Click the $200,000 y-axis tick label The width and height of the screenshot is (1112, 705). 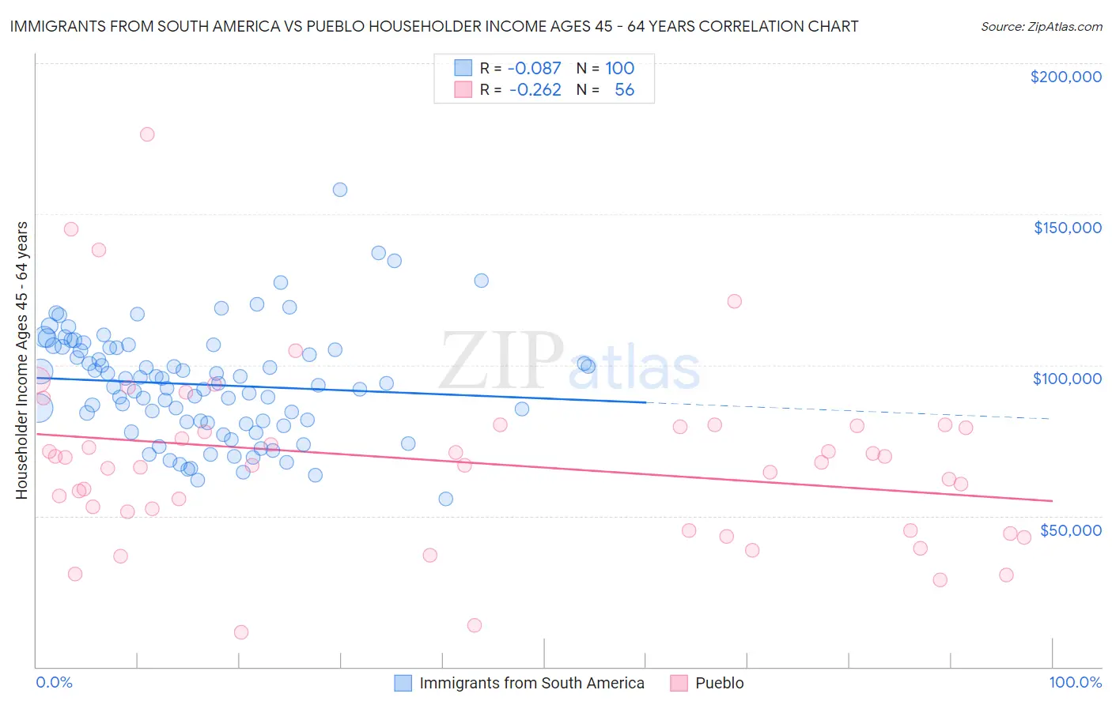(x=1065, y=77)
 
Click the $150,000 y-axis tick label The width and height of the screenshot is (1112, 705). (x=1067, y=228)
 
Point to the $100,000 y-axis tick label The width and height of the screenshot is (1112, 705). (x=1067, y=379)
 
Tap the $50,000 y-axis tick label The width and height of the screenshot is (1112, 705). (x=1070, y=530)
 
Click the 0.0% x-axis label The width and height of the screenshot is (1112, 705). (x=54, y=683)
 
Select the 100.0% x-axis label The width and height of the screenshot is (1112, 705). (x=1075, y=683)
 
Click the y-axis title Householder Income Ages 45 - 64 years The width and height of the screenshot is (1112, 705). (x=21, y=360)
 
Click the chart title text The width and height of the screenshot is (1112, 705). (x=433, y=26)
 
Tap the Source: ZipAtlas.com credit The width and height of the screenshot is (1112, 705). (x=1041, y=26)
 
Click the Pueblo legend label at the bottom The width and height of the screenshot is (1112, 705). (x=719, y=683)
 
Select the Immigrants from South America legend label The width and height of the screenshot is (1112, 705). (x=531, y=683)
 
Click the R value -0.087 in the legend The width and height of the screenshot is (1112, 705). (x=535, y=68)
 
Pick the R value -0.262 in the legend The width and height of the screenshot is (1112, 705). (x=535, y=89)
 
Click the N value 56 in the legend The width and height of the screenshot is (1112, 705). (x=624, y=89)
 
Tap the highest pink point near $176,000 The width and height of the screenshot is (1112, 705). (x=147, y=134)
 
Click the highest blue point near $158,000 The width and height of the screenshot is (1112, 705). (x=340, y=190)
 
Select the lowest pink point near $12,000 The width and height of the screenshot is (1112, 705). (x=241, y=632)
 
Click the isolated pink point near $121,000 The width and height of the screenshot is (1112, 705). (x=734, y=301)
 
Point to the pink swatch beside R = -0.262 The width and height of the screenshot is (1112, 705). (x=463, y=89)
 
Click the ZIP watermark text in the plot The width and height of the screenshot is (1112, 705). (x=501, y=360)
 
